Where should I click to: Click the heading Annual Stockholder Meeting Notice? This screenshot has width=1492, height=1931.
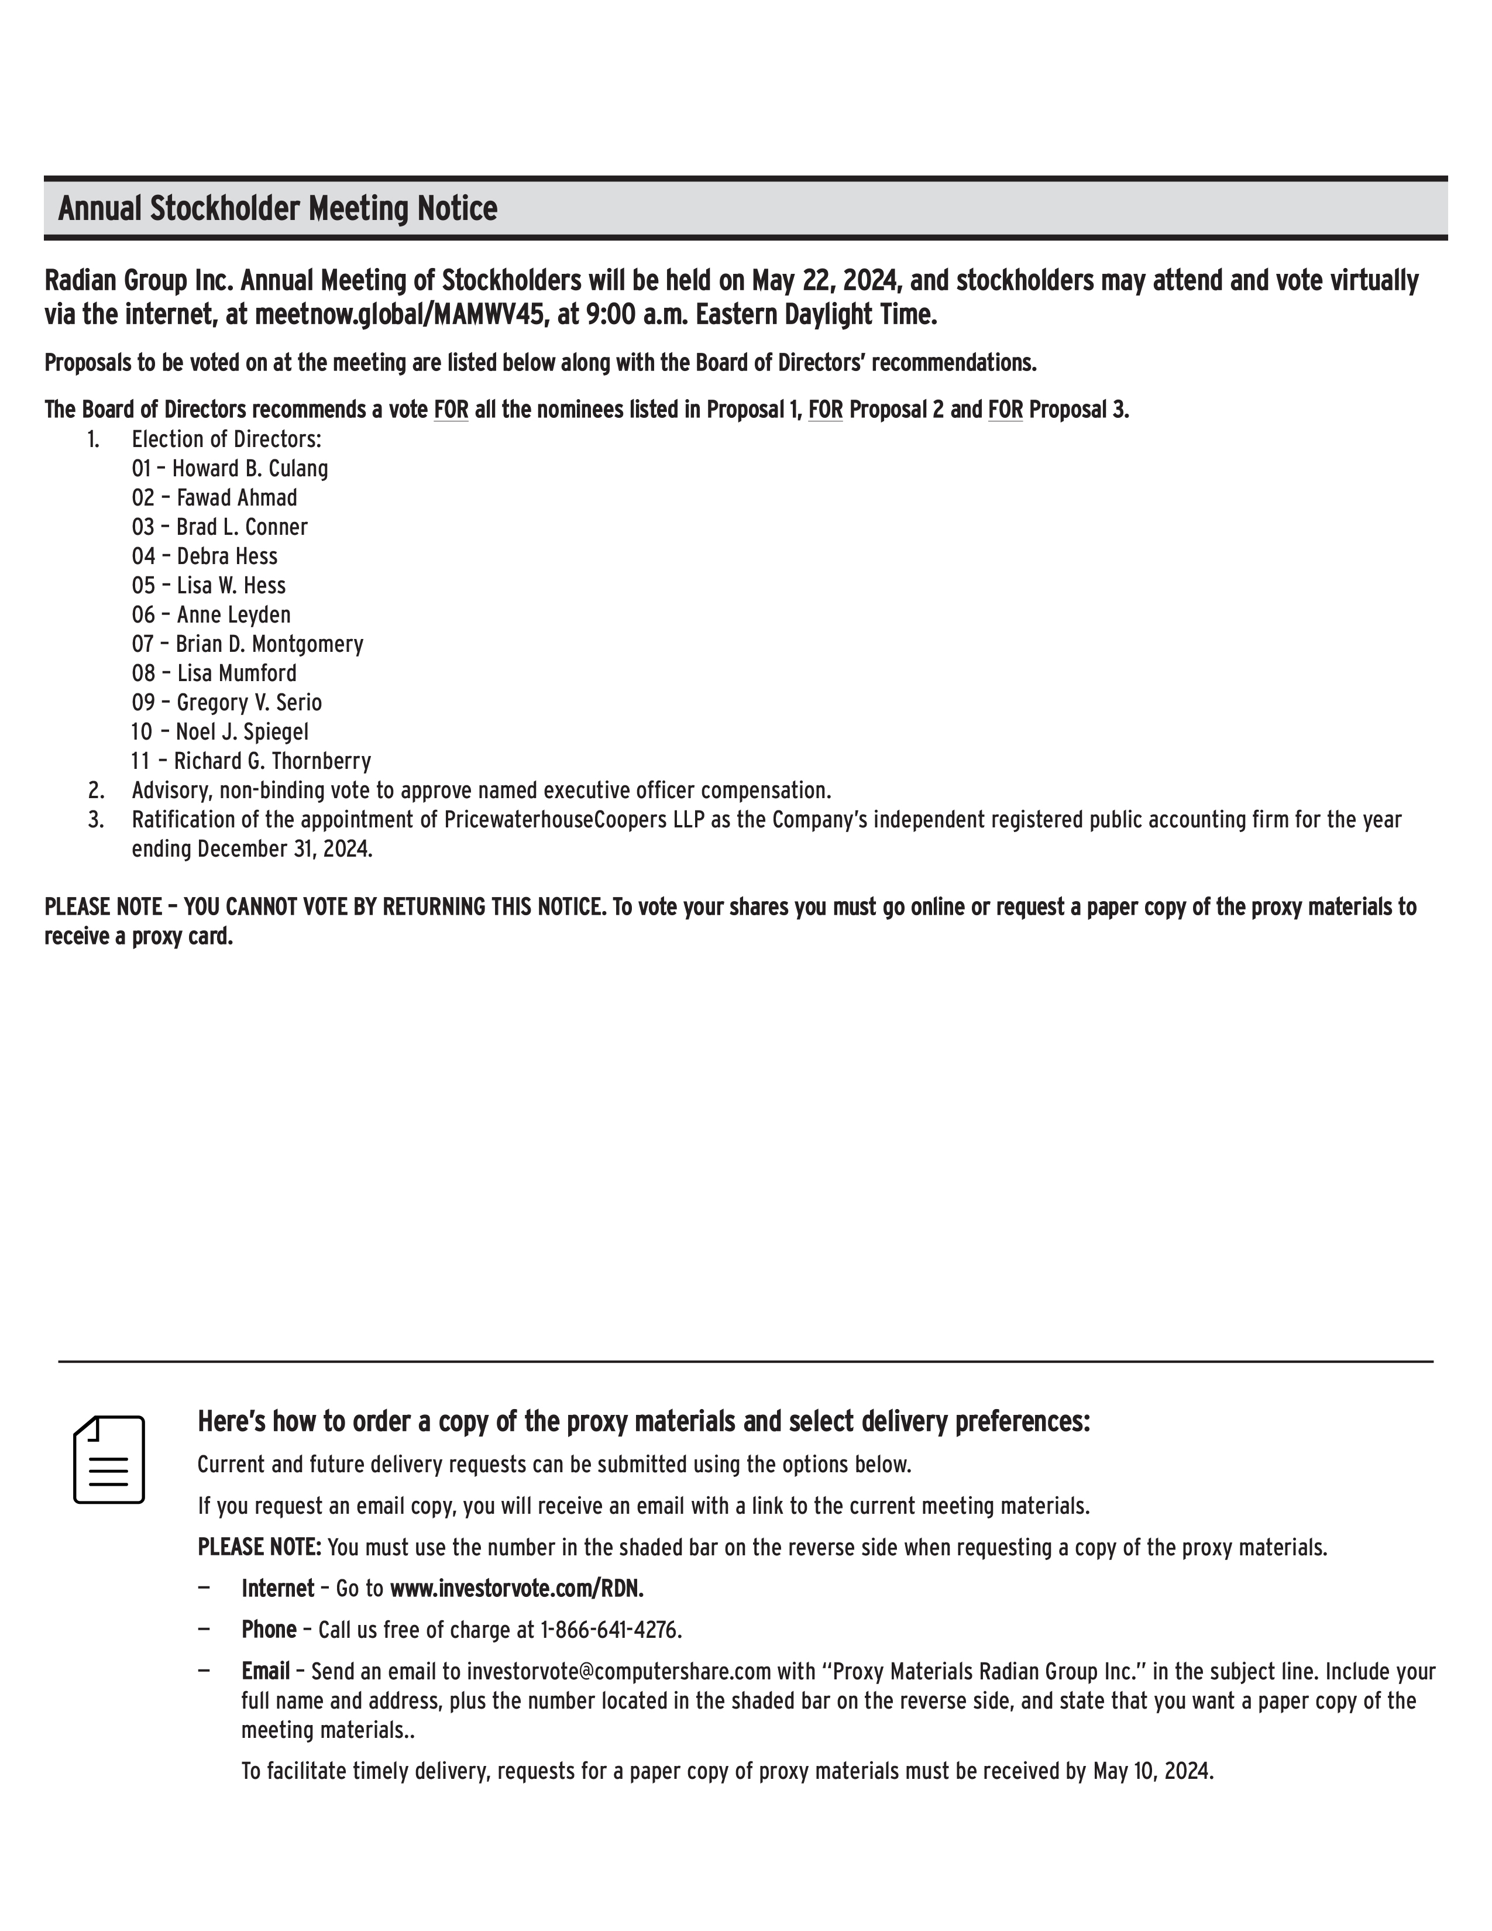pyautogui.click(x=277, y=209)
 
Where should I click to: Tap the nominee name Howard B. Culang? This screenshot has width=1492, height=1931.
pyautogui.click(x=249, y=469)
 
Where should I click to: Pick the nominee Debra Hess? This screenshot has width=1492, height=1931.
pyautogui.click(x=226, y=556)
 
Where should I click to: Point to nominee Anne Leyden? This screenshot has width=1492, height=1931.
pyautogui.click(x=233, y=614)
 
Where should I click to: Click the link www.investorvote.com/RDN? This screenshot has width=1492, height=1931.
pyautogui.click(x=516, y=1589)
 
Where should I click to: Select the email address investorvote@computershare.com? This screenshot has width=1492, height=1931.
pyautogui.click(x=618, y=1671)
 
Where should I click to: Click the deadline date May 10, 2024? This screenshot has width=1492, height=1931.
pyautogui.click(x=1153, y=1771)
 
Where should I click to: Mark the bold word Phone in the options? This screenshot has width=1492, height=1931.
pyautogui.click(x=269, y=1630)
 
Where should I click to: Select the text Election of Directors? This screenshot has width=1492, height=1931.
pyautogui.click(x=226, y=439)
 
